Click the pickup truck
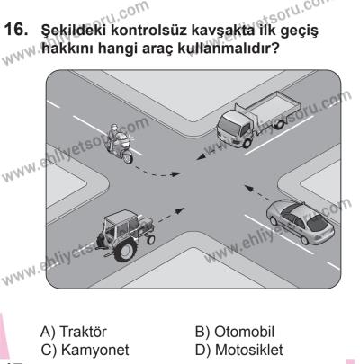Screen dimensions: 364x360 pos(254,126)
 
